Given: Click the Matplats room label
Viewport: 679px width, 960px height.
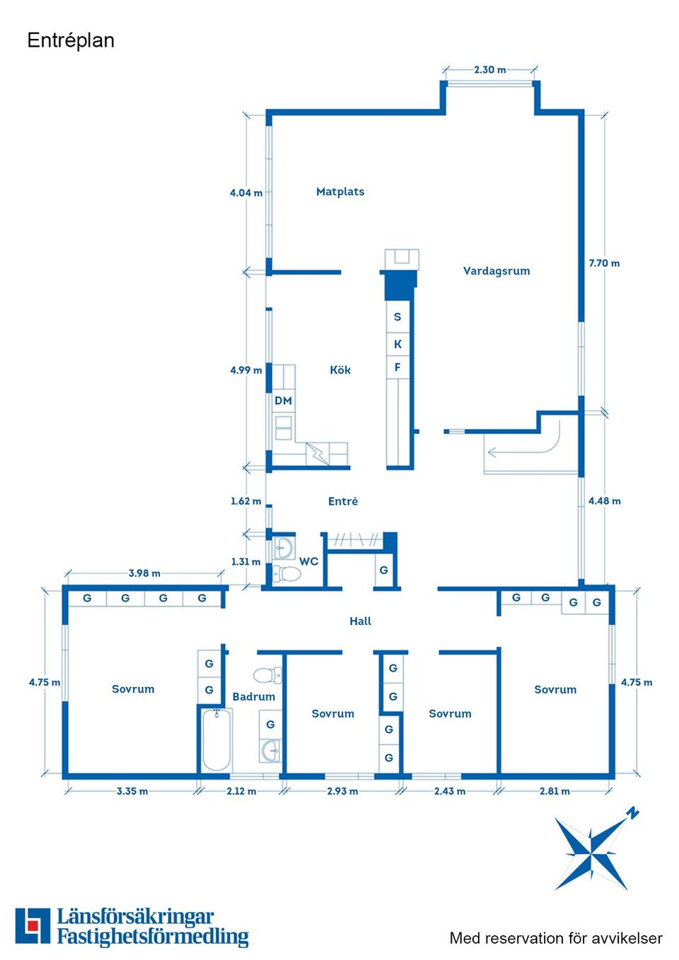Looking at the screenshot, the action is click(340, 192).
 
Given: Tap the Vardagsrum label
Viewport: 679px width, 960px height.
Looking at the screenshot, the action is click(497, 271).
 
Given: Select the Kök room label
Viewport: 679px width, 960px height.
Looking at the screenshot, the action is click(340, 370).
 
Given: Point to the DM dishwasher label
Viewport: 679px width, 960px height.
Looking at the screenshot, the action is click(283, 401).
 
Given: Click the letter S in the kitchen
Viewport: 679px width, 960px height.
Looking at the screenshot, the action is click(397, 317).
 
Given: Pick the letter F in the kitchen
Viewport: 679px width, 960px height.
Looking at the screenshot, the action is click(397, 368).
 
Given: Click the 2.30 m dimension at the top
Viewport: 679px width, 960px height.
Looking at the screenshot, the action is click(489, 69).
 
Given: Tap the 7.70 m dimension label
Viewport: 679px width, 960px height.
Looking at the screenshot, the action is click(604, 263).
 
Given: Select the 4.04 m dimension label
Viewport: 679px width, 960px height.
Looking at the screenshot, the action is click(246, 193).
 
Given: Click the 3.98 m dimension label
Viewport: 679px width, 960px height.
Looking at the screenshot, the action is click(144, 573).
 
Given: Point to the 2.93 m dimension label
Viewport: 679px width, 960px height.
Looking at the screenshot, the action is click(342, 791).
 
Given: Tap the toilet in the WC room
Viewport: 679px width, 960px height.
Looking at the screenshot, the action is click(286, 573).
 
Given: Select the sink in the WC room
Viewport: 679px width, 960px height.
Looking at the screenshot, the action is click(284, 547).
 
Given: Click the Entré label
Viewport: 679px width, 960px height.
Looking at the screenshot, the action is click(343, 501).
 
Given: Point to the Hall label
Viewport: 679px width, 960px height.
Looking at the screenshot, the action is click(360, 621).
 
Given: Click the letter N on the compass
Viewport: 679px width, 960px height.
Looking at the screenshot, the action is click(633, 812).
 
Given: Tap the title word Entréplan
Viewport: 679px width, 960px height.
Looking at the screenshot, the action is click(71, 41).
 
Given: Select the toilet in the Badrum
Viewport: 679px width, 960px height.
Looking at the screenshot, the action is click(267, 675).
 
